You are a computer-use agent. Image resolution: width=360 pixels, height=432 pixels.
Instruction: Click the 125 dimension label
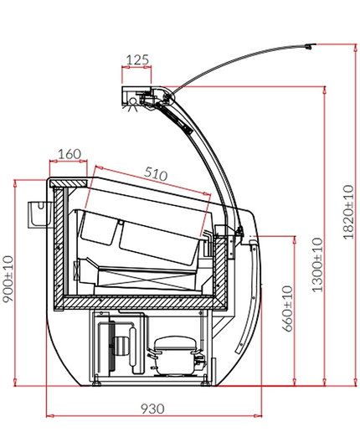tap(137, 59)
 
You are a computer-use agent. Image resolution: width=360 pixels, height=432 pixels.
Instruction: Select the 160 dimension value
tap(69, 154)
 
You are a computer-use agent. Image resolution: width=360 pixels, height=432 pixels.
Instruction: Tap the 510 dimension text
tap(156, 173)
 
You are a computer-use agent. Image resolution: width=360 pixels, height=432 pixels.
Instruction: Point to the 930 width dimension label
tap(152, 409)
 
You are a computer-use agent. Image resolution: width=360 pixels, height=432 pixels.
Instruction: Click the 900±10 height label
tap(8, 279)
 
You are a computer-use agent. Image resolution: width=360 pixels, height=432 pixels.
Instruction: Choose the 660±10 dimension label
tap(288, 309)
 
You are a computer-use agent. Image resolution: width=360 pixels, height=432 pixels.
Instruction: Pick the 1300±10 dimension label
tap(317, 265)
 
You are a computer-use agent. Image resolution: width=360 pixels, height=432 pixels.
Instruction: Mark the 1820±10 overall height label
tap(348, 212)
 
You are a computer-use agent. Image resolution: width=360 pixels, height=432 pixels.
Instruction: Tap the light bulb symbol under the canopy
tap(133, 103)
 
